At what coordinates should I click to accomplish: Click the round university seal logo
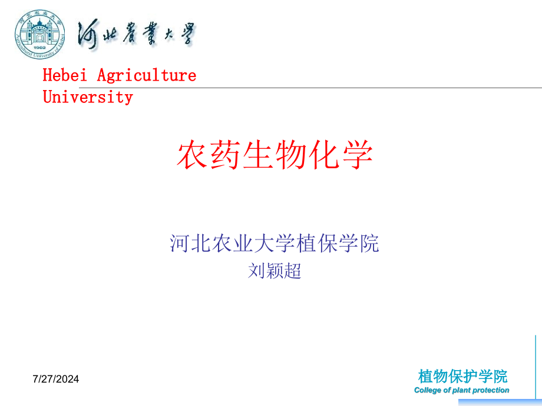tap(39, 34)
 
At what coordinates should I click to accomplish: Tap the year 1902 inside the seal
tap(39, 47)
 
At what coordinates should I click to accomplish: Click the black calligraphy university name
tap(137, 34)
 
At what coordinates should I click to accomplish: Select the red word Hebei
tap(65, 75)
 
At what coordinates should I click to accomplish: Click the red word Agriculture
tap(147, 75)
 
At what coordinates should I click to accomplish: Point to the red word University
tap(88, 97)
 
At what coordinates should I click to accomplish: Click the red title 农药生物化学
tap(275, 154)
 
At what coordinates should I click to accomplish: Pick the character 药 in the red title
tap(225, 154)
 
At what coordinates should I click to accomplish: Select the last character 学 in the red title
tap(358, 154)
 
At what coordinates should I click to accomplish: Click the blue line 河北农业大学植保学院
tap(275, 244)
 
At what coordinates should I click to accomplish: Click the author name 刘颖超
tap(275, 271)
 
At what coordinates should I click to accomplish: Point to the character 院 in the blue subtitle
tap(369, 244)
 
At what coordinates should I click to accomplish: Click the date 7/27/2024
tap(55, 379)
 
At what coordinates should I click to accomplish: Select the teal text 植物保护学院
tap(462, 377)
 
